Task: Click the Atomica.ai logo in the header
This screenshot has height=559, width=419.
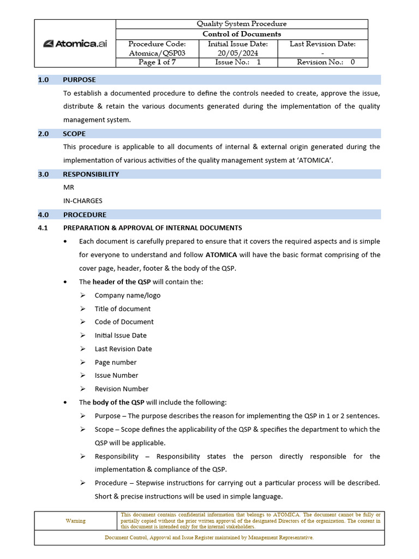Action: (75, 44)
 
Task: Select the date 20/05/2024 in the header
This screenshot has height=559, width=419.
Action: (238, 53)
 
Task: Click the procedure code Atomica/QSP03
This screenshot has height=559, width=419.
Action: (157, 53)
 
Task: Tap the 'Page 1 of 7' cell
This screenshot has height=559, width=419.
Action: (157, 62)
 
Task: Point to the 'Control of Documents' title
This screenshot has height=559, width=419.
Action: (242, 34)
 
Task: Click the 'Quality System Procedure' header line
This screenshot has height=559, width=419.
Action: (242, 24)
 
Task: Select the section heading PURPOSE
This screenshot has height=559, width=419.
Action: (79, 80)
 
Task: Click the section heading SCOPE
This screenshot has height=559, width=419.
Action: (74, 134)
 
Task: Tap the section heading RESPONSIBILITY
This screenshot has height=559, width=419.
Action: (91, 175)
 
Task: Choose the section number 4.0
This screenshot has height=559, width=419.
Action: (44, 215)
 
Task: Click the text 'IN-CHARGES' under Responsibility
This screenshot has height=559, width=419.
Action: (82, 201)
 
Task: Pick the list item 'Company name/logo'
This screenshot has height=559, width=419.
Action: (127, 295)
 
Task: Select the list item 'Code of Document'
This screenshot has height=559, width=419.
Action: (124, 322)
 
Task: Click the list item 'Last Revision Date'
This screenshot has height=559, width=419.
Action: (123, 349)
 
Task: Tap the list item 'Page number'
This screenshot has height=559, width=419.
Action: (116, 362)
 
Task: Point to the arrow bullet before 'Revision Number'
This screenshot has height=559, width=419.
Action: (82, 389)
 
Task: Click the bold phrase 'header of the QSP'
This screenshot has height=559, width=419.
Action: (121, 282)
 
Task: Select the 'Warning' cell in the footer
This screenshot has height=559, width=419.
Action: (76, 521)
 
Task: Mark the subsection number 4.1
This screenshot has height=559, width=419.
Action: (44, 228)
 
